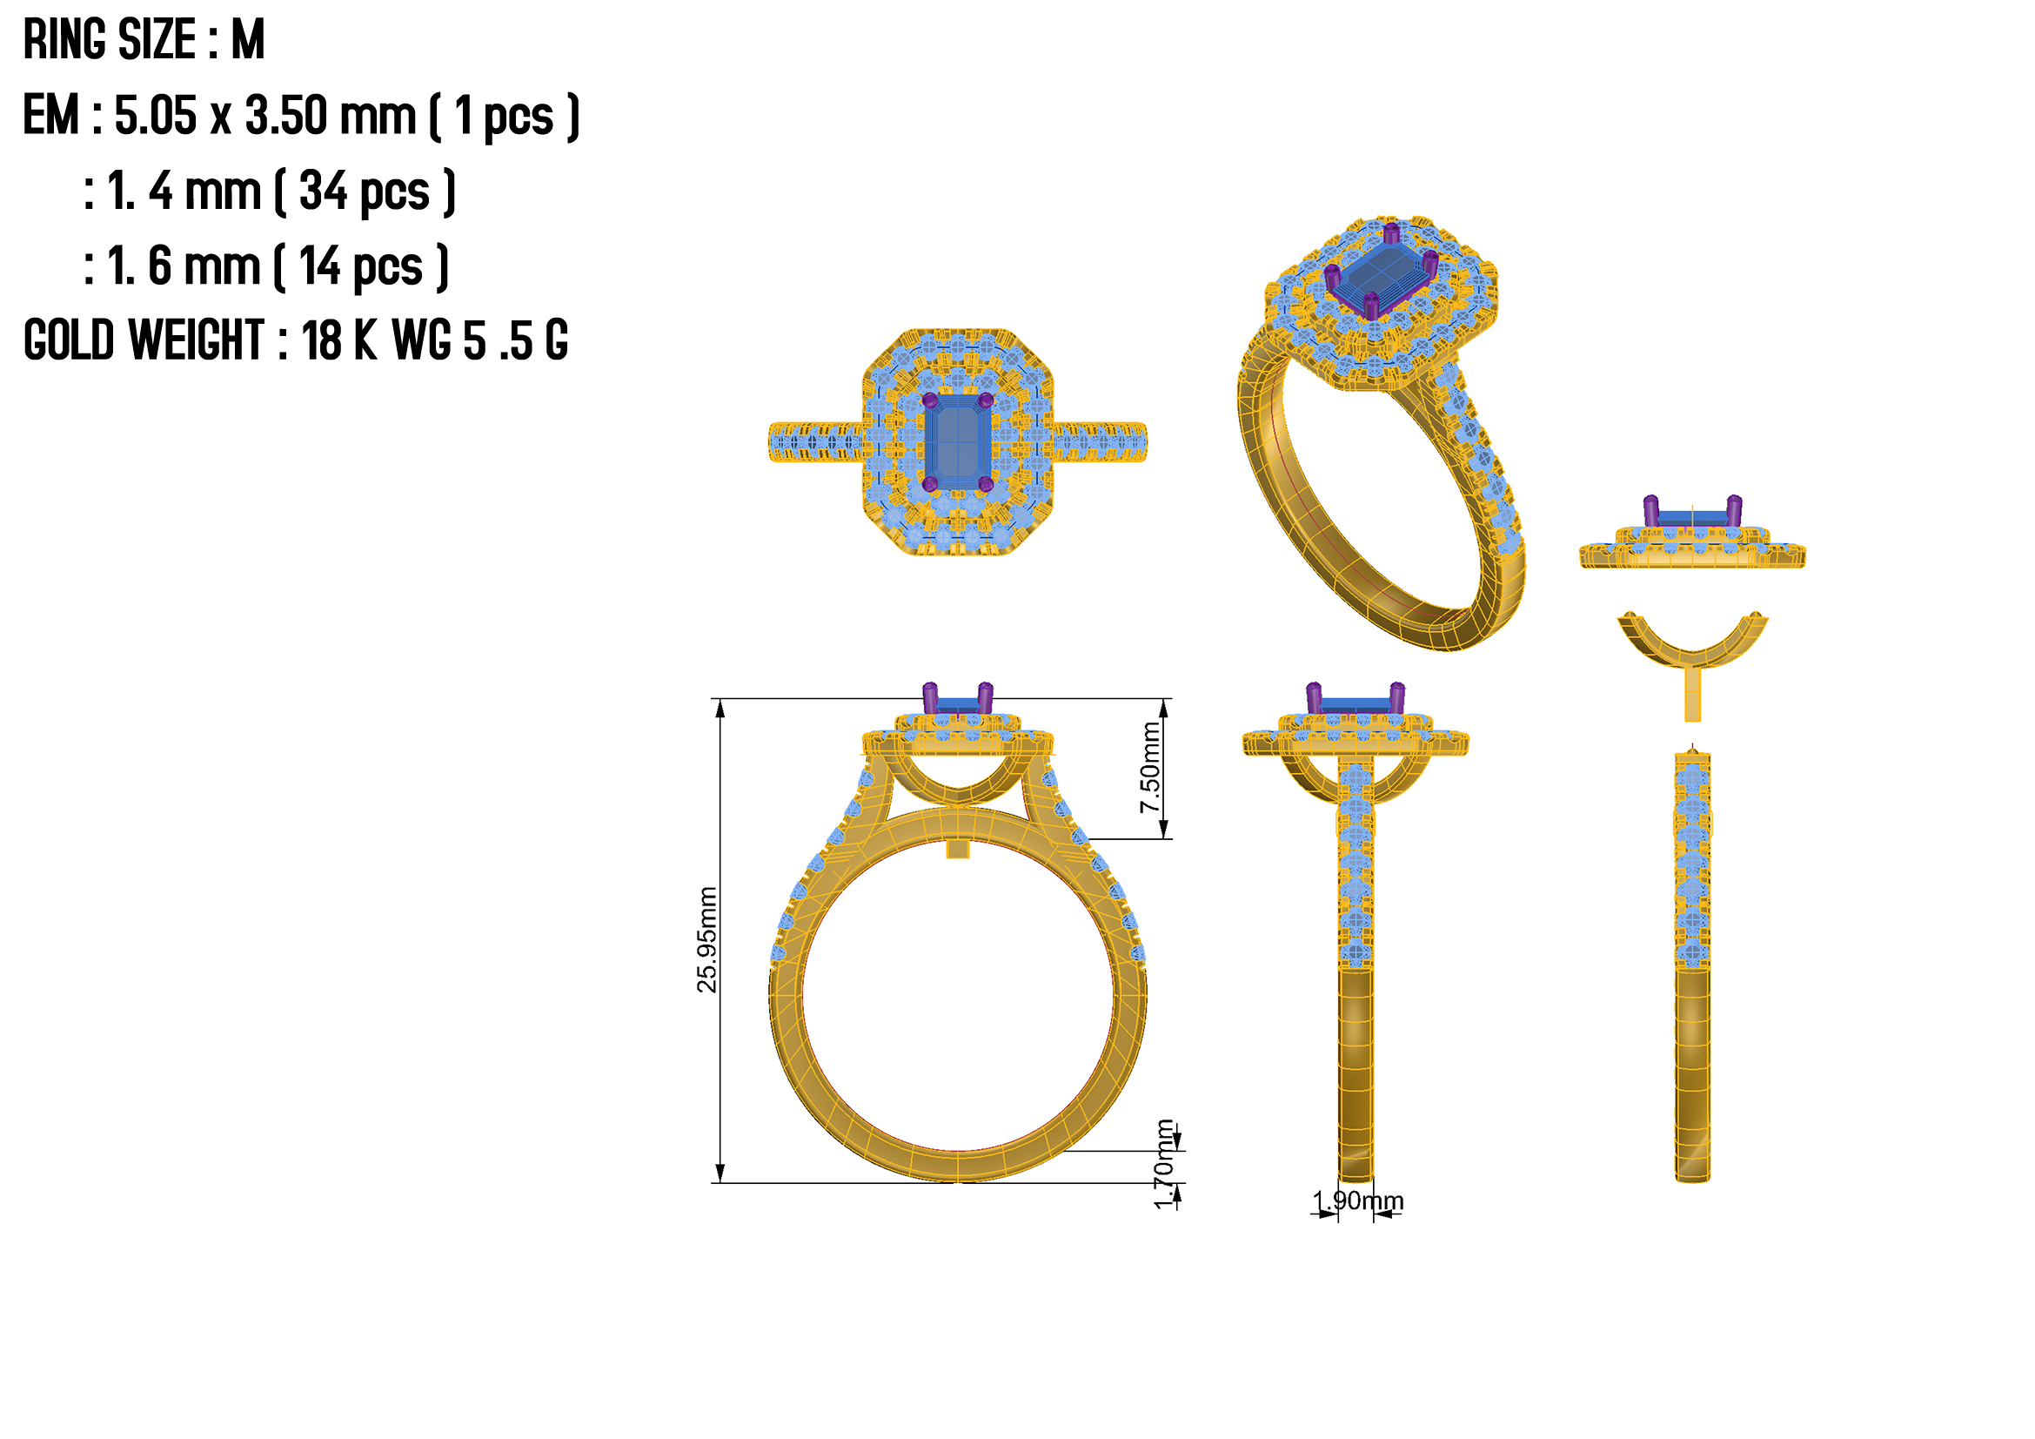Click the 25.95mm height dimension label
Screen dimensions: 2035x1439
(707, 940)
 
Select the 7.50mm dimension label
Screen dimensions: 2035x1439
(1149, 768)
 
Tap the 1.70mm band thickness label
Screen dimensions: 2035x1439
(1165, 1164)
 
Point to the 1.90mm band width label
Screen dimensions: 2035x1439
(1358, 1200)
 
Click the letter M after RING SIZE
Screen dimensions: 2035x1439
(248, 40)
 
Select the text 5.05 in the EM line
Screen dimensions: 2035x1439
(155, 115)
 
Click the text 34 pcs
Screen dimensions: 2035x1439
(365, 192)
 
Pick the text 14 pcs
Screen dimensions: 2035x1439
(361, 267)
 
